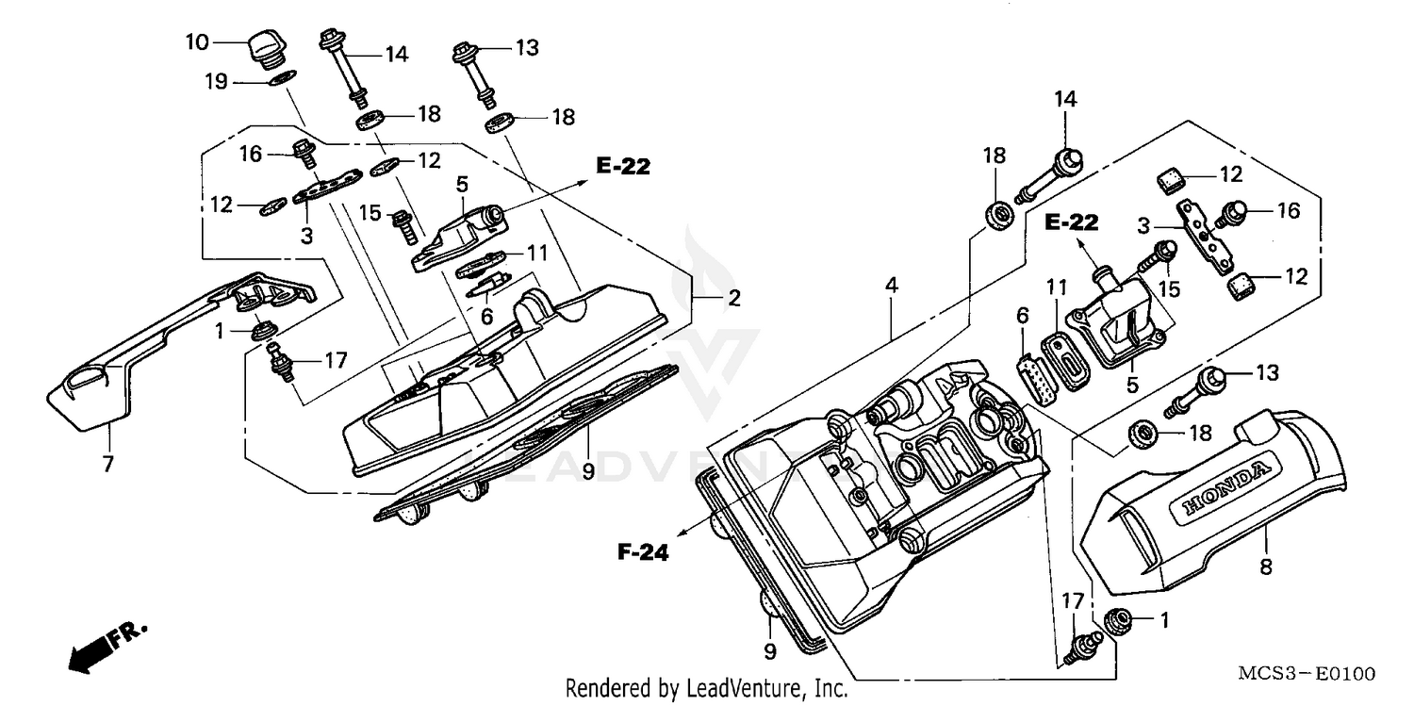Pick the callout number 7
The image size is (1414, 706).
tap(108, 464)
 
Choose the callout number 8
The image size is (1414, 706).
tap(1266, 566)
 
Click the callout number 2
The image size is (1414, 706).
tap(733, 300)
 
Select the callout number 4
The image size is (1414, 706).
tap(890, 284)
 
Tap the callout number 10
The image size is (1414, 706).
tap(197, 42)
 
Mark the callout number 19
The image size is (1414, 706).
tap(217, 82)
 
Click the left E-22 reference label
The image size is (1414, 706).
tap(623, 167)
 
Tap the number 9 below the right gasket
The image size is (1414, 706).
tap(770, 650)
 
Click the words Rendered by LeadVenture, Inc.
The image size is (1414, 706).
tap(705, 689)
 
